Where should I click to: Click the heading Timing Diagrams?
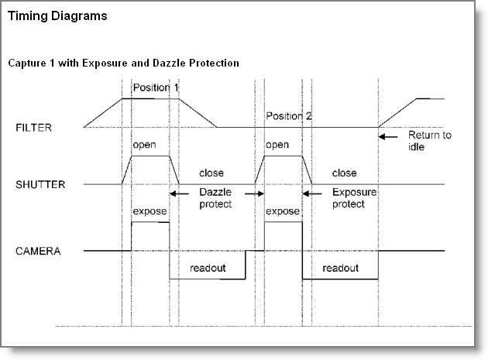pos(57,15)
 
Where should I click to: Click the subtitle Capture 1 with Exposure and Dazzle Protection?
pos(123,62)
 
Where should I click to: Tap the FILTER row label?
pos(33,127)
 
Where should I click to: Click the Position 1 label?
pos(156,87)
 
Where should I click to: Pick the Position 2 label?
pos(289,116)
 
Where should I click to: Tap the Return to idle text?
pos(430,141)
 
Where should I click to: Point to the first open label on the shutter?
pos(144,145)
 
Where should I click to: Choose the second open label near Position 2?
pos(277,145)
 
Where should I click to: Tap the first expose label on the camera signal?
pos(147,211)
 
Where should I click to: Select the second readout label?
pos(341,268)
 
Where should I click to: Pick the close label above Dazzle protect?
pos(211,173)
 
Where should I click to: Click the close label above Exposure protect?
pos(344,173)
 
